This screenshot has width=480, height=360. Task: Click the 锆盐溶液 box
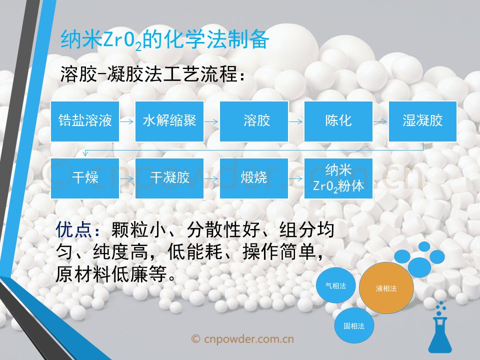(x=85, y=121)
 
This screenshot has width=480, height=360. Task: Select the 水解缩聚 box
(x=169, y=121)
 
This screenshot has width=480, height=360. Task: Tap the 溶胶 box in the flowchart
(x=254, y=121)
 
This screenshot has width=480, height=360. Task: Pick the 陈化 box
(x=338, y=121)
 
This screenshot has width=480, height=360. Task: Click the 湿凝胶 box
(x=423, y=121)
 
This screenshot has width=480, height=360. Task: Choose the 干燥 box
(x=85, y=178)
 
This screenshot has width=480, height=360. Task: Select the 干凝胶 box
(x=169, y=178)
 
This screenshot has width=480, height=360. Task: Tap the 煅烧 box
(x=254, y=178)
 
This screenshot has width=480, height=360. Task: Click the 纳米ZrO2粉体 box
(x=338, y=178)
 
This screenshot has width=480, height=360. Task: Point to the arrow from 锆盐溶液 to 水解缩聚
(x=127, y=121)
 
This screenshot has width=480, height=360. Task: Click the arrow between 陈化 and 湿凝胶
(x=380, y=121)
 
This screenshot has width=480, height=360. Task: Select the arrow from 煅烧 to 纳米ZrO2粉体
(x=296, y=178)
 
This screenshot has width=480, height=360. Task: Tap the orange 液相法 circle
(x=386, y=288)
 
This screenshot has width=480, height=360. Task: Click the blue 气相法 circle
(x=336, y=285)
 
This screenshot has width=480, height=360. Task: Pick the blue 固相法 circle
(x=354, y=325)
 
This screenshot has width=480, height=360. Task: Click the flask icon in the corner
(x=440, y=330)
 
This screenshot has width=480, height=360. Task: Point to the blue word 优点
(x=73, y=229)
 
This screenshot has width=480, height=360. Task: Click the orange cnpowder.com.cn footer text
(x=242, y=339)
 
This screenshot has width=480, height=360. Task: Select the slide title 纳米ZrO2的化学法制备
(x=164, y=40)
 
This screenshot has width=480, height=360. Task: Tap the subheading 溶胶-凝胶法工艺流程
(x=152, y=74)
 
